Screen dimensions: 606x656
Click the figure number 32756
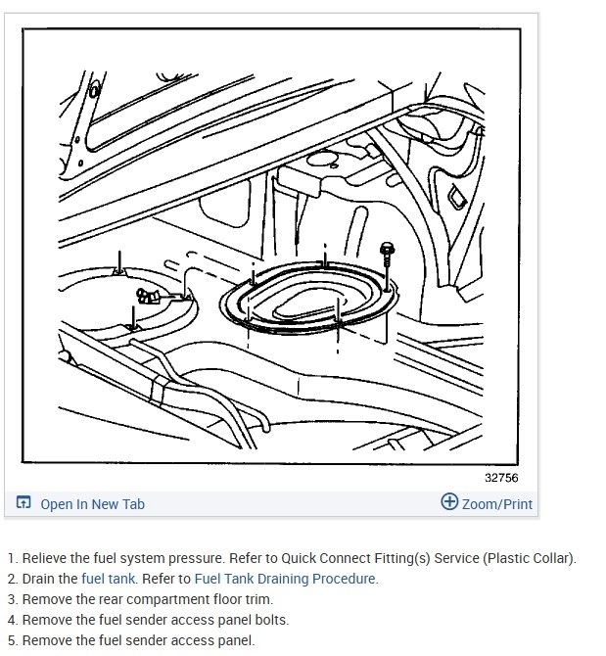(501, 478)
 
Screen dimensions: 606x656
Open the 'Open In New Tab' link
(92, 504)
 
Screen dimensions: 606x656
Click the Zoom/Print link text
(497, 504)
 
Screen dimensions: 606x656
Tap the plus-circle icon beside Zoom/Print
(449, 501)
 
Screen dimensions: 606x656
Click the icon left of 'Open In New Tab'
(23, 501)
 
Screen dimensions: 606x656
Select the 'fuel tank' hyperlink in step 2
(108, 579)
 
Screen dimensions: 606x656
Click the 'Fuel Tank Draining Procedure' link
(284, 579)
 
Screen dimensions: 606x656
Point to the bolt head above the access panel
(387, 249)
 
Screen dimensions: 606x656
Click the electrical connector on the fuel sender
(148, 296)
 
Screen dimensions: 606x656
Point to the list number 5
(13, 640)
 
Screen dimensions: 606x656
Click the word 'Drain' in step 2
(40, 579)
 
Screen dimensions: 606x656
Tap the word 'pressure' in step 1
(195, 558)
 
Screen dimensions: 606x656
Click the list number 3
(13, 599)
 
